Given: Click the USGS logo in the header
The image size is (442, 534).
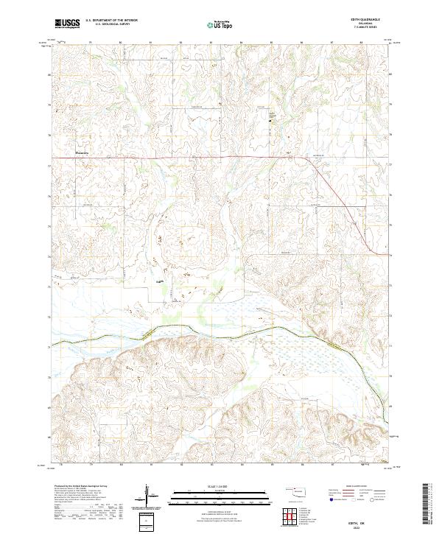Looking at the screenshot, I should [x=67, y=24].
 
